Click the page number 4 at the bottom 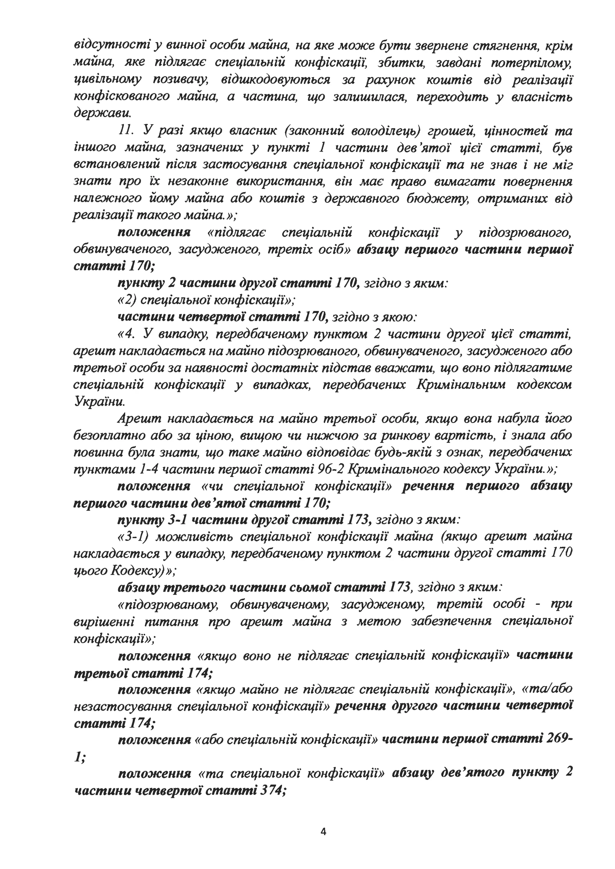(x=323, y=831)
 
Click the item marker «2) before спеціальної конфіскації (x=126, y=300)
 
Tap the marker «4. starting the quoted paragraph (x=126, y=334)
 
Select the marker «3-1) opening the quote (x=132, y=537)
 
